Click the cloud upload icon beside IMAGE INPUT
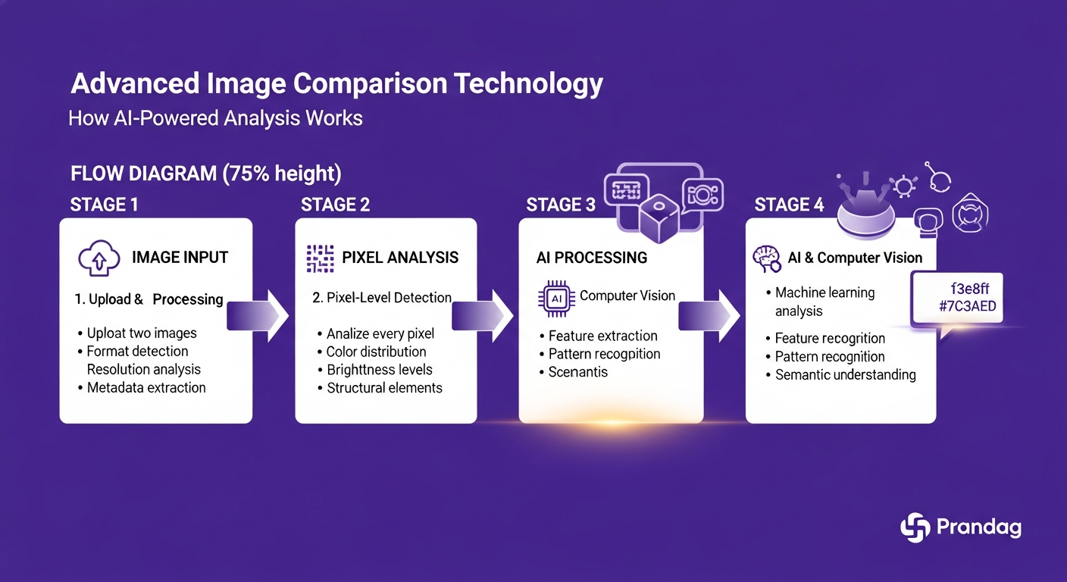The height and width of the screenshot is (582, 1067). [99, 259]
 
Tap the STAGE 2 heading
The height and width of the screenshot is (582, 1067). [336, 205]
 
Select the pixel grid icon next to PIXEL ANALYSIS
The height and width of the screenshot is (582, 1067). [320, 258]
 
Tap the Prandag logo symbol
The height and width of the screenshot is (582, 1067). [915, 527]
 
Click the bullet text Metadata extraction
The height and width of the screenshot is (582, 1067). [145, 388]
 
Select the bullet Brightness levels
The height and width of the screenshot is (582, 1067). [379, 370]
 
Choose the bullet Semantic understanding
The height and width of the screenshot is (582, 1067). [845, 375]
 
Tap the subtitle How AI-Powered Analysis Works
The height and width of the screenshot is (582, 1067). [215, 119]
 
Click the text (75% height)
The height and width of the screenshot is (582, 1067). [281, 174]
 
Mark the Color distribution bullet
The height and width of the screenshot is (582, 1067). [376, 352]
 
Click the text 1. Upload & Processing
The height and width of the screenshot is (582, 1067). [149, 299]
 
